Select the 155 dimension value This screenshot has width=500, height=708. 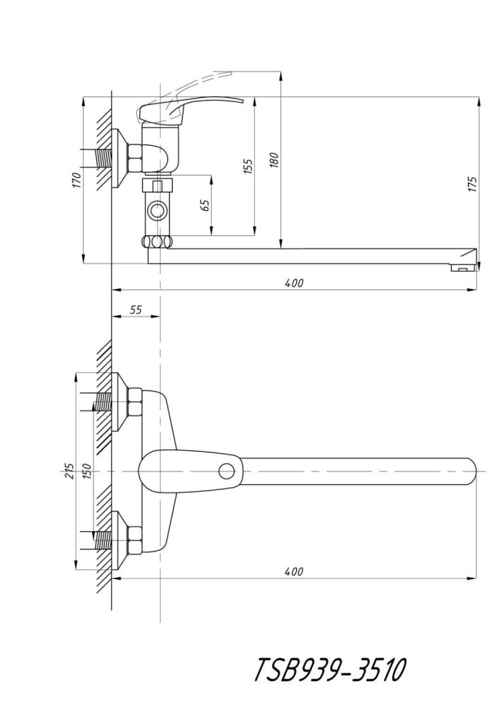(248, 166)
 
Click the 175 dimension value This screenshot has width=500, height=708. (472, 184)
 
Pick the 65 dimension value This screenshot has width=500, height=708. (205, 205)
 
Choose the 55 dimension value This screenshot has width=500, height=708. (136, 310)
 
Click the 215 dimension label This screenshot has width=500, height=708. (69, 471)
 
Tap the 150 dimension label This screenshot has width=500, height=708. (86, 471)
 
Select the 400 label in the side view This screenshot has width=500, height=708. (295, 283)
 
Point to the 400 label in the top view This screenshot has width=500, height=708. (295, 571)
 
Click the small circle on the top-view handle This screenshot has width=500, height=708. (227, 471)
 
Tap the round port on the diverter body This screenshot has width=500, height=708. (157, 210)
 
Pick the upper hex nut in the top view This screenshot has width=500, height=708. (135, 402)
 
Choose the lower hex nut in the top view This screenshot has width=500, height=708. (135, 540)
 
